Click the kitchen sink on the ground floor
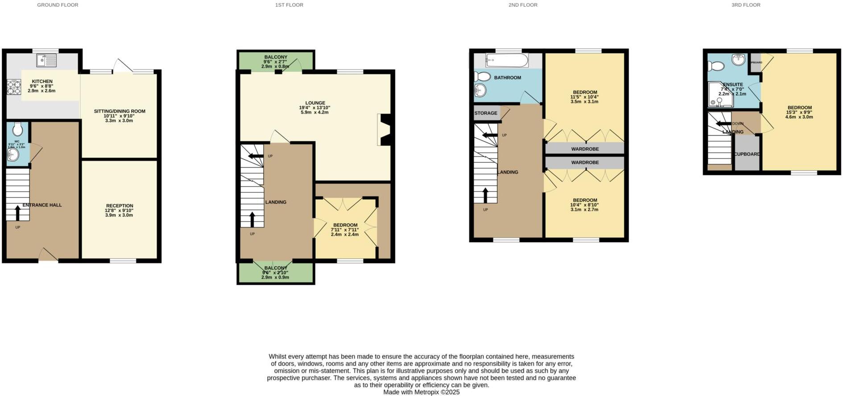click(x=46, y=60)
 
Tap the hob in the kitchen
click(x=14, y=87)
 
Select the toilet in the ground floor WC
click(x=18, y=129)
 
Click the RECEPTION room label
click(x=119, y=206)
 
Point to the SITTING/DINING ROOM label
click(x=120, y=111)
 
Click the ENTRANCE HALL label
click(x=42, y=205)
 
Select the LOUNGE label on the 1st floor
click(x=315, y=103)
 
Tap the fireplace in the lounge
click(x=384, y=130)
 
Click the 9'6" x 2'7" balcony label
click(x=275, y=58)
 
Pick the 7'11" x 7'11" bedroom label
click(x=345, y=225)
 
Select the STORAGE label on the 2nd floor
click(x=486, y=113)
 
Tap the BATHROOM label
click(x=507, y=78)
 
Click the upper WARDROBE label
click(x=585, y=149)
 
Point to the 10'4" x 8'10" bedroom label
click(x=585, y=201)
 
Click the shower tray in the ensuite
click(x=720, y=95)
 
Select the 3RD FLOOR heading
click(x=746, y=5)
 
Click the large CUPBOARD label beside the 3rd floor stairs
click(x=747, y=154)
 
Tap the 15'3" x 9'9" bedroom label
click(x=799, y=108)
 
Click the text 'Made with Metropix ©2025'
click(x=421, y=392)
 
